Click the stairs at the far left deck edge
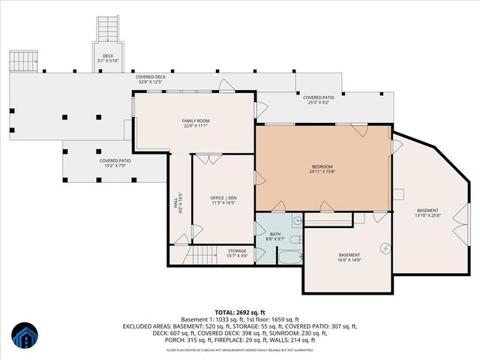pyautogui.click(x=23, y=61)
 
